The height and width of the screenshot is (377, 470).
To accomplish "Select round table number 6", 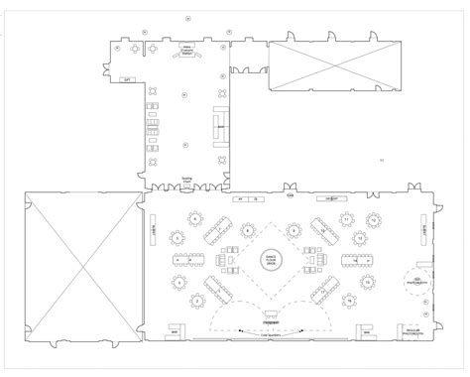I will pos(195,217).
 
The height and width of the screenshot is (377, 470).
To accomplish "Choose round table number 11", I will pos(347,217).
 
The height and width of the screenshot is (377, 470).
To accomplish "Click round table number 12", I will pos(373,217).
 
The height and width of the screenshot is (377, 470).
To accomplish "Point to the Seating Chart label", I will pos(185,181).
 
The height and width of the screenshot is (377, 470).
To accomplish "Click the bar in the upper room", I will pos(220,126).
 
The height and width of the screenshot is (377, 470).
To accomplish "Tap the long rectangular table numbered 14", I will pos(356,260).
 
